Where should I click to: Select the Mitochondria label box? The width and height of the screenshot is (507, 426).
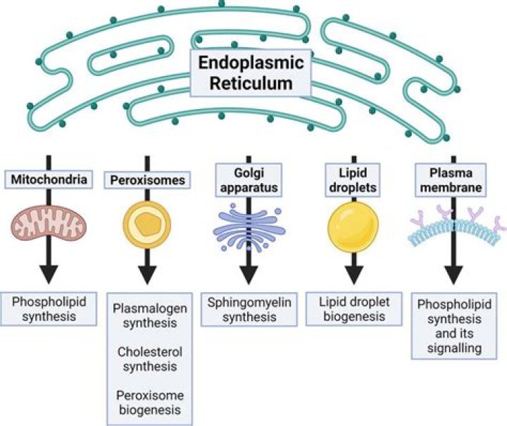point(50,180)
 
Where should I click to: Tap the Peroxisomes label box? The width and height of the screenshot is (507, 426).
point(147,180)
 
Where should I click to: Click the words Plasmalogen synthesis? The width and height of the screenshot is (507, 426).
point(147,315)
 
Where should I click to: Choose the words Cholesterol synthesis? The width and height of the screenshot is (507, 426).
point(147,358)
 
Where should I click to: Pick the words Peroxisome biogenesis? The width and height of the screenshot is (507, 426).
point(147,402)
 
